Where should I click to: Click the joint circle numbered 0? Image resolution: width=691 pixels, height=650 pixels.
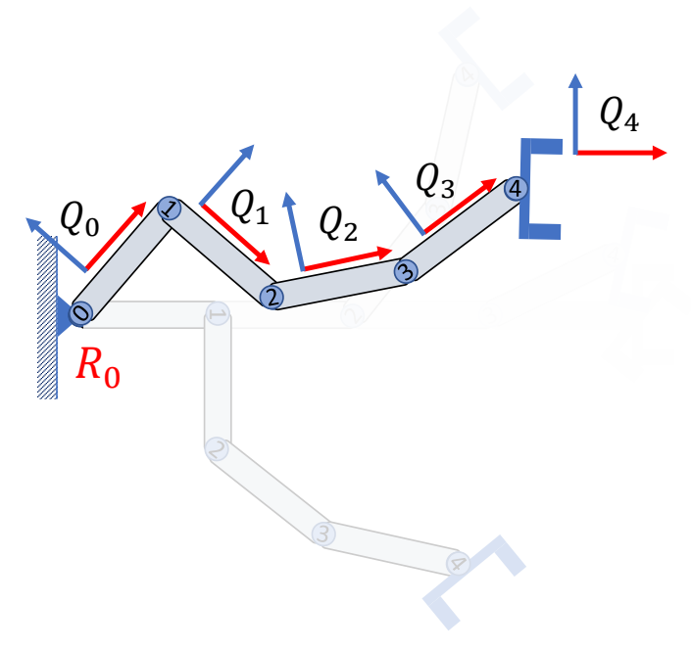pos(80,313)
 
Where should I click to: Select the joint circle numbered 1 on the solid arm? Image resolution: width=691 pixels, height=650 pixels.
pos(170,209)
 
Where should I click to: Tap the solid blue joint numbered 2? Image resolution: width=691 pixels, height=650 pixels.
pos(271,297)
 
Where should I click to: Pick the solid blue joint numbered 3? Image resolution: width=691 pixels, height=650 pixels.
pos(406,271)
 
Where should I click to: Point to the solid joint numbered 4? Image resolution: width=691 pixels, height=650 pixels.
pos(516,189)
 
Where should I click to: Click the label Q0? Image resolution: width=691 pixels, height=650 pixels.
pos(79,218)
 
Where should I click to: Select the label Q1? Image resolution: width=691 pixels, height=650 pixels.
pos(249,207)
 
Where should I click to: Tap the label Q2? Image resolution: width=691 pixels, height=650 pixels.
pos(338,223)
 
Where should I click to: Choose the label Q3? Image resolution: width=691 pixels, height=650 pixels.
pos(435,180)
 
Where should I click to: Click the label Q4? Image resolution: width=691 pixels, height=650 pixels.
pos(619,114)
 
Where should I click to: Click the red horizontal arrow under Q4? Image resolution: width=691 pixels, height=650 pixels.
pos(621,153)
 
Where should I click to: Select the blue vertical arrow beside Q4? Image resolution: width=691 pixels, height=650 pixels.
pos(575,114)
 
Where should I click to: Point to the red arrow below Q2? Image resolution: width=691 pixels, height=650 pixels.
pos(348,259)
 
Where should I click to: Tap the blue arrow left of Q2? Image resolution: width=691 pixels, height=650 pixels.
pos(295,231)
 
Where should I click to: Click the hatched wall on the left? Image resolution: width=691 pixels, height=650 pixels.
pos(47,317)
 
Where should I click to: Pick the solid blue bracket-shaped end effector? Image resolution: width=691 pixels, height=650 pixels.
pos(541,189)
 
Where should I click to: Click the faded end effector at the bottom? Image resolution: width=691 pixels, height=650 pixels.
pos(474,582)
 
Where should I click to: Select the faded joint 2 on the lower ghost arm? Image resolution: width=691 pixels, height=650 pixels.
pos(217,449)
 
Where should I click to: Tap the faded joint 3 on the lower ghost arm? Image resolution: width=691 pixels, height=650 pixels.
pos(323,534)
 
